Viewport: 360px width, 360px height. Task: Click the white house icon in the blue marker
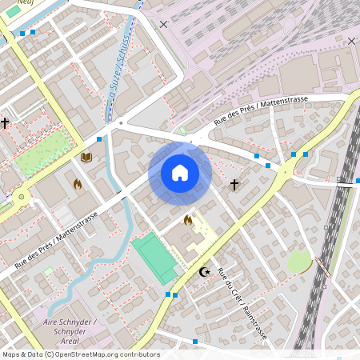(180, 173)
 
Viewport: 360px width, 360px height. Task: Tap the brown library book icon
(86, 158)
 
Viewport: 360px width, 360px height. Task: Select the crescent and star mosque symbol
(205, 272)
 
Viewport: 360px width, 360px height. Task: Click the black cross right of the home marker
(234, 185)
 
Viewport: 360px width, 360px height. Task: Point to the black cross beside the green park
(5, 123)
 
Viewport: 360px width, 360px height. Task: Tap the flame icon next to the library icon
(78, 184)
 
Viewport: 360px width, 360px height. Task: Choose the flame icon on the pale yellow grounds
(188, 220)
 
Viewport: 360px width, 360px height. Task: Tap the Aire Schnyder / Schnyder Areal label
(70, 326)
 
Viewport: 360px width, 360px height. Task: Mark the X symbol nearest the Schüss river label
(164, 25)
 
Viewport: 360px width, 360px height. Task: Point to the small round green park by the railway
(298, 261)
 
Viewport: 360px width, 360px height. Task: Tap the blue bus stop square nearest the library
(99, 138)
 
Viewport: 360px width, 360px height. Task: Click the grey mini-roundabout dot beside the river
(121, 123)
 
